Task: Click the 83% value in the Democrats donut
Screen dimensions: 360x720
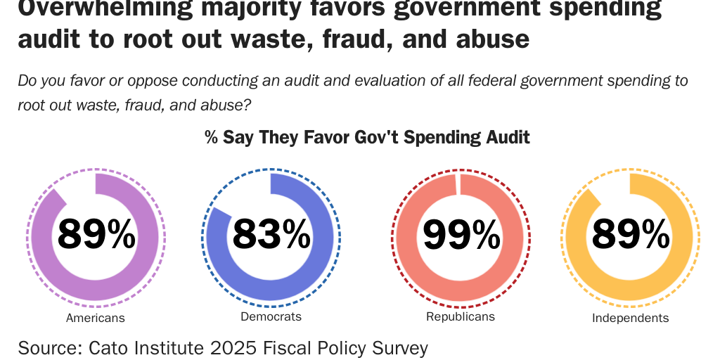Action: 271,234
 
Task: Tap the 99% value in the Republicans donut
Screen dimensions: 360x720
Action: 461,234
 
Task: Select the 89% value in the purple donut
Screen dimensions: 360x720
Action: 96,234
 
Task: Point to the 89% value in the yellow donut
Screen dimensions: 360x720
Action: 631,234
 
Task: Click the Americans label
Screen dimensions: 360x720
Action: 96,318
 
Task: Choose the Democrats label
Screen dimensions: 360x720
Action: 271,316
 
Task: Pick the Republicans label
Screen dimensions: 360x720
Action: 461,316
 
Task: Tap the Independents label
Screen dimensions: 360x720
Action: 630,318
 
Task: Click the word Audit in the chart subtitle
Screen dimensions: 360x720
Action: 508,136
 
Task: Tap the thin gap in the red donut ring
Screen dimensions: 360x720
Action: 458,184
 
